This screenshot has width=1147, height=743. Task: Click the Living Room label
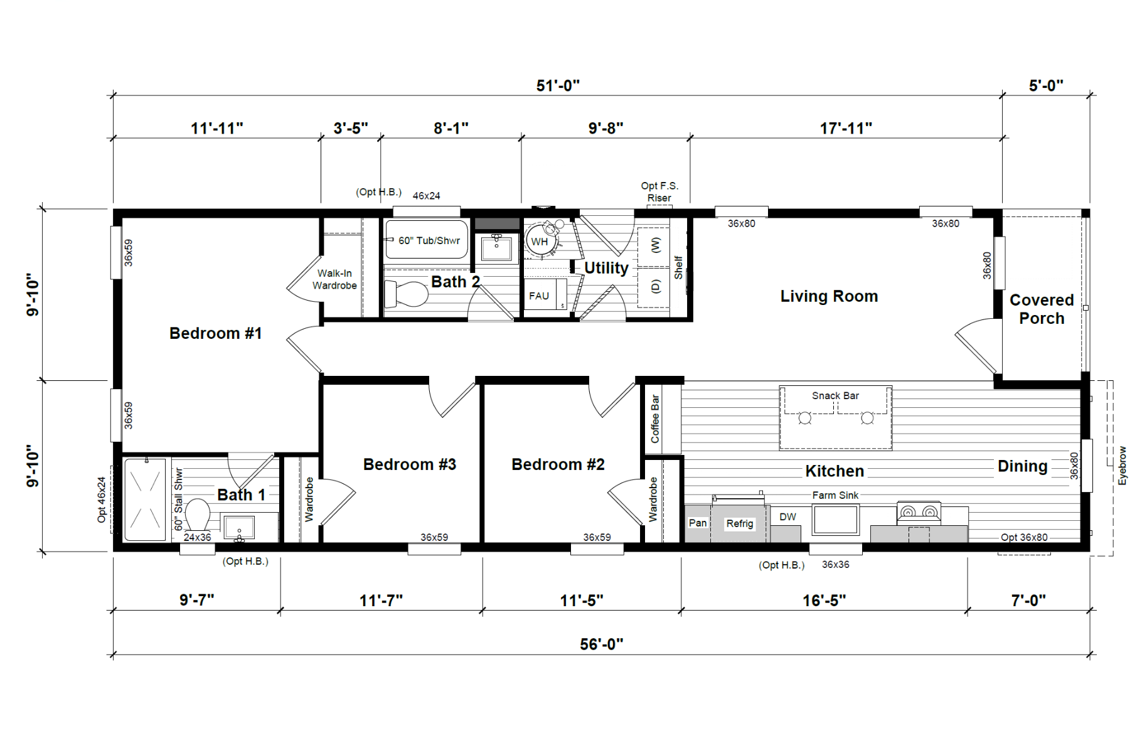(829, 296)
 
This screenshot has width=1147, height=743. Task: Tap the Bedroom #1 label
(215, 333)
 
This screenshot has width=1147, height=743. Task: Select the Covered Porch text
(1042, 309)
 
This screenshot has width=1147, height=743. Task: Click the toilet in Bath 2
(405, 294)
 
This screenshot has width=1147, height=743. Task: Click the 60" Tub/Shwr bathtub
(427, 239)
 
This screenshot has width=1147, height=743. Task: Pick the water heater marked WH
(540, 241)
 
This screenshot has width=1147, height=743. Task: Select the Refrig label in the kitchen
(740, 523)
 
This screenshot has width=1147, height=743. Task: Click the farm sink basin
(835, 520)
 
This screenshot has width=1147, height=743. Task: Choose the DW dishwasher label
(787, 516)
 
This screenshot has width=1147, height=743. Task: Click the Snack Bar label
(835, 395)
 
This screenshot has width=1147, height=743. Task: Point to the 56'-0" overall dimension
(602, 644)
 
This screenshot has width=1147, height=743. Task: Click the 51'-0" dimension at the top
(558, 85)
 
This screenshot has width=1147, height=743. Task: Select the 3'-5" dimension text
(351, 128)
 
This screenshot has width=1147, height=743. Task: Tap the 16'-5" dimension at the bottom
(824, 601)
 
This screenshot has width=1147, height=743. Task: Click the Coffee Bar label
(655, 419)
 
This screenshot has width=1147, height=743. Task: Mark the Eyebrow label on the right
(1123, 466)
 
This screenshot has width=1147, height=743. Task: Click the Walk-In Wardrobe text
(334, 279)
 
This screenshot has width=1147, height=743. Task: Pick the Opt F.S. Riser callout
(659, 191)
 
